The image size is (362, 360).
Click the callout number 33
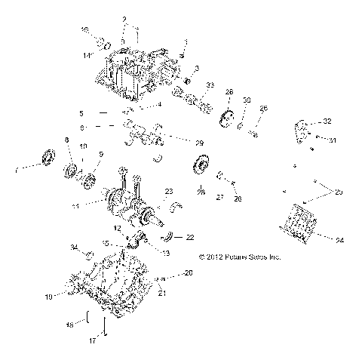(210, 84)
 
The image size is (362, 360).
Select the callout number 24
(339, 240)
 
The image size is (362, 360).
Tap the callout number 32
(327, 122)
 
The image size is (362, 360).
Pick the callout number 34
(74, 248)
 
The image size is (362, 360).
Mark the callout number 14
(87, 56)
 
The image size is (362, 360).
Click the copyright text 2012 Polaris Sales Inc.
(239, 257)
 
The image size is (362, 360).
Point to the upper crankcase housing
(136, 72)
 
